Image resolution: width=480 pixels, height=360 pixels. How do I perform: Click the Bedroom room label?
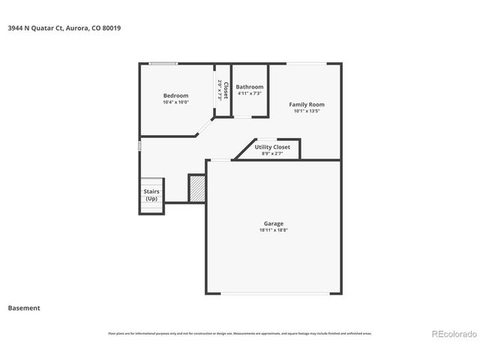click(175, 95)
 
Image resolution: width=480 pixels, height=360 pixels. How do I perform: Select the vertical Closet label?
click(225, 90)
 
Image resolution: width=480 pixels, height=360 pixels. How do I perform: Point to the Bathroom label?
click(249, 87)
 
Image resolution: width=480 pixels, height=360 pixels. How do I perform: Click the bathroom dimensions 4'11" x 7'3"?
click(249, 94)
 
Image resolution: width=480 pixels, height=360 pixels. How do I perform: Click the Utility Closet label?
click(272, 147)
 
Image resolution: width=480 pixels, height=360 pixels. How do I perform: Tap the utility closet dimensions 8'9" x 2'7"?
click(272, 153)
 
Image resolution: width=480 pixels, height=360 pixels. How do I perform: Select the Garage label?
click(273, 223)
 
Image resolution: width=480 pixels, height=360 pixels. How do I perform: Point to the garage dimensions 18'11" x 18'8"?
click(273, 230)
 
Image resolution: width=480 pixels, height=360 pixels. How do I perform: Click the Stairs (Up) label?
click(151, 195)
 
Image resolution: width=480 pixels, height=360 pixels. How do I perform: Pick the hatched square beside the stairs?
click(196, 188)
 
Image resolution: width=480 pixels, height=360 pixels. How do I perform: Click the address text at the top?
click(64, 28)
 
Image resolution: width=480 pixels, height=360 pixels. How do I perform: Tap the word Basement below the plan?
click(24, 307)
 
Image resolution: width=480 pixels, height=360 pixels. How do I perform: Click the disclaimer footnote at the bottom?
click(240, 333)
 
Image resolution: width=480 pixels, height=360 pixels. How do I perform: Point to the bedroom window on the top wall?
click(163, 64)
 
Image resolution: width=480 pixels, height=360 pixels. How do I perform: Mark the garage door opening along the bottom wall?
click(273, 293)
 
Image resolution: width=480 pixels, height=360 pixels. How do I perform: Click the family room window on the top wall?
click(306, 64)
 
